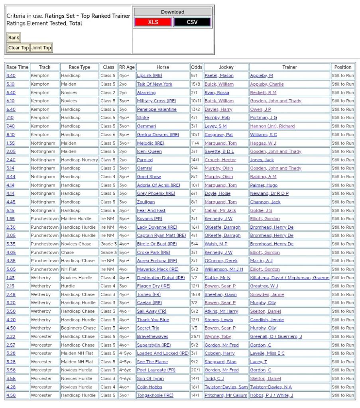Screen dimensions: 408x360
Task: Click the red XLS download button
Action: tap(153, 22)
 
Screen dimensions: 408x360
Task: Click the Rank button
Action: tap(14, 38)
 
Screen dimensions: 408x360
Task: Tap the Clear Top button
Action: tap(18, 48)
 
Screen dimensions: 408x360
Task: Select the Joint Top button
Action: tap(41, 48)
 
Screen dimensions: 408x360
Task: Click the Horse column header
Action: tap(163, 67)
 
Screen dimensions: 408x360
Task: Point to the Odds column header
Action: tap(197, 67)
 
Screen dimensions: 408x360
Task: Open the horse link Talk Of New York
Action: tap(155, 84)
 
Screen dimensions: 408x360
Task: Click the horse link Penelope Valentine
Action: tap(157, 109)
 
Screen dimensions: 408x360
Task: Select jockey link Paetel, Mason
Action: tap(219, 76)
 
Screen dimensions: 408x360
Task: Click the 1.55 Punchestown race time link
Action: tap(11, 219)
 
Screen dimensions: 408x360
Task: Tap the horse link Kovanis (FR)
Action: tap(150, 219)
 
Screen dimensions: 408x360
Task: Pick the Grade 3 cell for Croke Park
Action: tap(108, 252)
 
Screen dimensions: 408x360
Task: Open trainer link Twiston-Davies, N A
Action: tap(271, 387)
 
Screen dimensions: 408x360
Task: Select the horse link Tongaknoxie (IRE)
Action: tap(155, 395)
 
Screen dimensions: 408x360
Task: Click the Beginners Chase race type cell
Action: tap(79, 328)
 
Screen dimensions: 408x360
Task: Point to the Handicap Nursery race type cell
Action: tap(79, 160)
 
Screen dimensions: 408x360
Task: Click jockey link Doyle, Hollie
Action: tap(217, 193)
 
